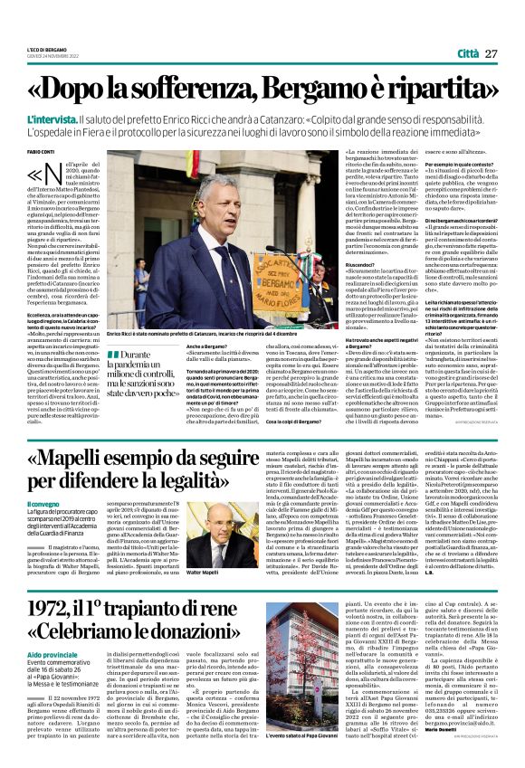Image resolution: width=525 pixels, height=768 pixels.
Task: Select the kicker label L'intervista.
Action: pos(78,119)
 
